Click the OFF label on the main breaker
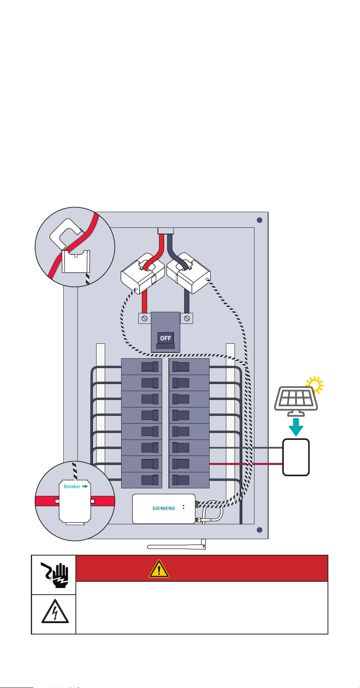[166, 338]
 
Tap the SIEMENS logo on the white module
[163, 508]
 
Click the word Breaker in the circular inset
[72, 486]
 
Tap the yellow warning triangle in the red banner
[159, 569]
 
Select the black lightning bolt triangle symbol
[55, 611]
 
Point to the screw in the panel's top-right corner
[259, 220]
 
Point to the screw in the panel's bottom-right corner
[259, 530]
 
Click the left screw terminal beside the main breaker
[145, 318]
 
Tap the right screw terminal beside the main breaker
[187, 318]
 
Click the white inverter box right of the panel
[296, 457]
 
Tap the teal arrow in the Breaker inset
[86, 486]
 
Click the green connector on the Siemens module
[197, 504]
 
